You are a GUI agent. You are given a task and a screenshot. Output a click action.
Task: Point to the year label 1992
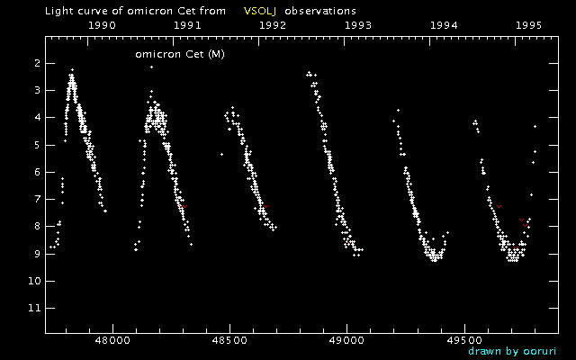coord(272,26)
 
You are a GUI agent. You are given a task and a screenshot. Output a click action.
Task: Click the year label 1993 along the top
coord(357,26)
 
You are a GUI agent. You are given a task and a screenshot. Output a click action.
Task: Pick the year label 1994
coord(443,26)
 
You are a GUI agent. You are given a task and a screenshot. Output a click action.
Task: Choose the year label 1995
coord(528,26)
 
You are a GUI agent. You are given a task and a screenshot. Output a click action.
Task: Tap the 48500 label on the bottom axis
coord(229,343)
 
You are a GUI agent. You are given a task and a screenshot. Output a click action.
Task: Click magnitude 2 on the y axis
coord(37,63)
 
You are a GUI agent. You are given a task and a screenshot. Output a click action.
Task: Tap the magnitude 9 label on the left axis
coord(37,254)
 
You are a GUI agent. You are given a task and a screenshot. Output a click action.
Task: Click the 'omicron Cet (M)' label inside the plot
coord(179,55)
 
